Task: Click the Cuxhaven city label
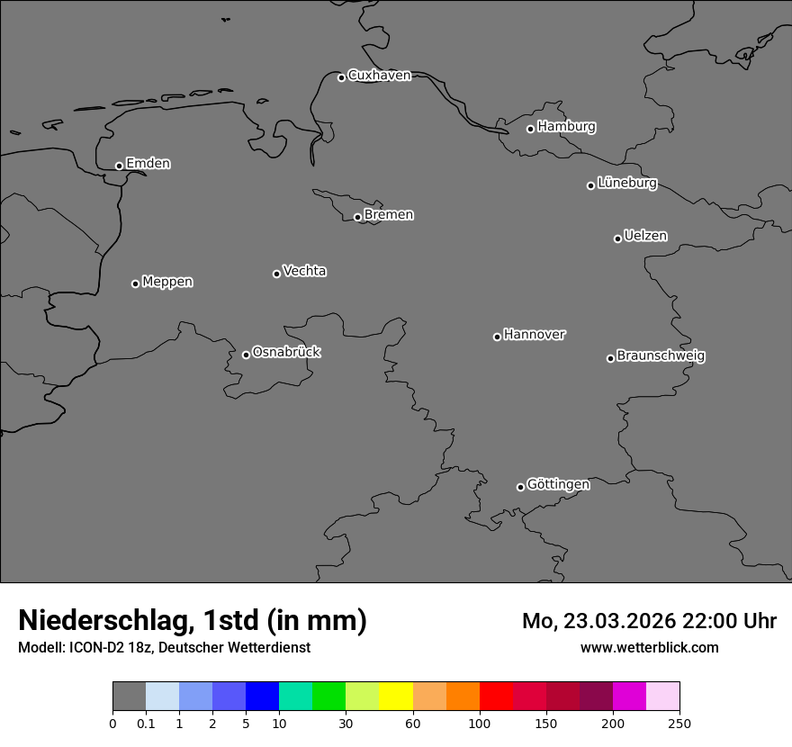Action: [x=379, y=76]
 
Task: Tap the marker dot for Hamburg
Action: [x=531, y=129]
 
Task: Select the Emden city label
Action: [x=148, y=164]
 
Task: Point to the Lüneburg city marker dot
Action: [x=591, y=185]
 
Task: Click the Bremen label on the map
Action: [x=389, y=215]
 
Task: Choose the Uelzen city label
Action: [x=645, y=236]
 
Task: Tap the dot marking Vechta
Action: [x=277, y=274]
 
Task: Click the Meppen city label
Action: [x=167, y=282]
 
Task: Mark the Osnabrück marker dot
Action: [x=247, y=355]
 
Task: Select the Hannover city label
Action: [x=535, y=335]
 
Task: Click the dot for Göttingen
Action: [x=521, y=488]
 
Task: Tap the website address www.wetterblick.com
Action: [x=650, y=648]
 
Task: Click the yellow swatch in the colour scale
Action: [x=396, y=697]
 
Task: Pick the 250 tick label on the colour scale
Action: [x=679, y=724]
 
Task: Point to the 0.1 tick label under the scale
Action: [x=146, y=724]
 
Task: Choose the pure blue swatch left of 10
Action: [x=262, y=697]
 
